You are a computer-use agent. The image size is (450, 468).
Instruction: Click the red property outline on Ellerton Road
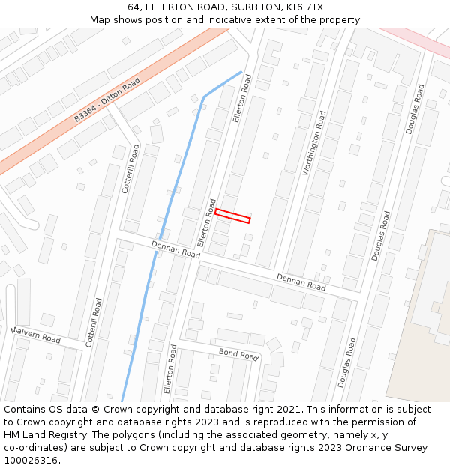[x=232, y=216]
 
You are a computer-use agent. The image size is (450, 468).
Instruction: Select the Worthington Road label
[x=313, y=144]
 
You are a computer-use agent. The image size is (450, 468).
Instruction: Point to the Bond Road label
[x=238, y=353]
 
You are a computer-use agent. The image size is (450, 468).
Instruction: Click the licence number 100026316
[x=31, y=461]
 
